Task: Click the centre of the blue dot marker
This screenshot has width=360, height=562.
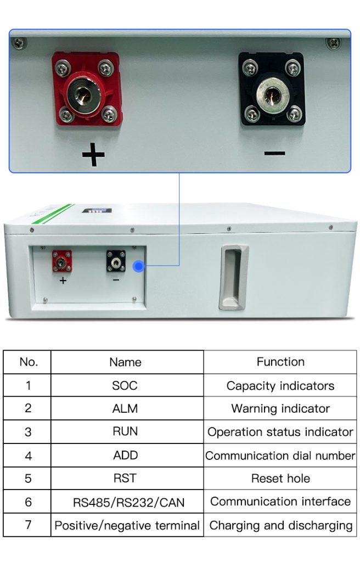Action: coord(138,266)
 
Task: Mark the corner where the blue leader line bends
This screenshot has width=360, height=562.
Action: coord(179,266)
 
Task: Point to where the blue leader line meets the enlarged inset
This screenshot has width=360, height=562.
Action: coord(179,173)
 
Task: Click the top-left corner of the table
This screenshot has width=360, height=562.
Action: coord(4,350)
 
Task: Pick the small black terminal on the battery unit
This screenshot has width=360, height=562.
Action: coord(115,261)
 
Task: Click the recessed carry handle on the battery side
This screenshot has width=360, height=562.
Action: coord(233,277)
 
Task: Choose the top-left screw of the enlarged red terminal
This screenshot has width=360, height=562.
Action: coord(62,68)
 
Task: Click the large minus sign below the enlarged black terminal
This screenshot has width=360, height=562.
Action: coord(274,154)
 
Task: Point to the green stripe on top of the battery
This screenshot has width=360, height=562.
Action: coord(53,213)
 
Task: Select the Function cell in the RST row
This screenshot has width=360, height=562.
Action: coord(280,478)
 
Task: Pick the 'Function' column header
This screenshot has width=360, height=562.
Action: coord(280,362)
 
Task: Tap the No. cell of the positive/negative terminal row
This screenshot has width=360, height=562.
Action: coord(27,525)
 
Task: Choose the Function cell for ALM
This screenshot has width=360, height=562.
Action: coord(280,408)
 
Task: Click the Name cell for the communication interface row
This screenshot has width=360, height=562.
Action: coord(127,502)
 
